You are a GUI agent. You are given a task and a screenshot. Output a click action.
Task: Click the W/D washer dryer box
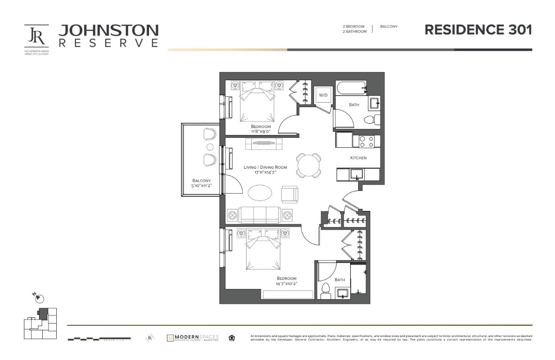[x=323, y=95]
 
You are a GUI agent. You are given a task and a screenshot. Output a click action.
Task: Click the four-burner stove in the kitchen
[x=366, y=141]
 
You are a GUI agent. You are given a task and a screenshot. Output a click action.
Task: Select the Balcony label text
[x=201, y=180]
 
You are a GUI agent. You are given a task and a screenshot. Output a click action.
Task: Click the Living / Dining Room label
[x=265, y=167]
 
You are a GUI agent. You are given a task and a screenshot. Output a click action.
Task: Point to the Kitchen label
[x=358, y=158]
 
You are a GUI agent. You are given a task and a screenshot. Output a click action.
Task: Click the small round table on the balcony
[x=210, y=147]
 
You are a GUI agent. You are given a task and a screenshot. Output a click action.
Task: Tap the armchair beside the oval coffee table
[x=289, y=194]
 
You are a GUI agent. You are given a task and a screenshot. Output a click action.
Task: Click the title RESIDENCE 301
[x=478, y=30]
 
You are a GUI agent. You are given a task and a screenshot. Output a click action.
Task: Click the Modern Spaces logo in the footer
[x=193, y=338]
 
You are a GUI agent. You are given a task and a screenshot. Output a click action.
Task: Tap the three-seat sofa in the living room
[x=260, y=215]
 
